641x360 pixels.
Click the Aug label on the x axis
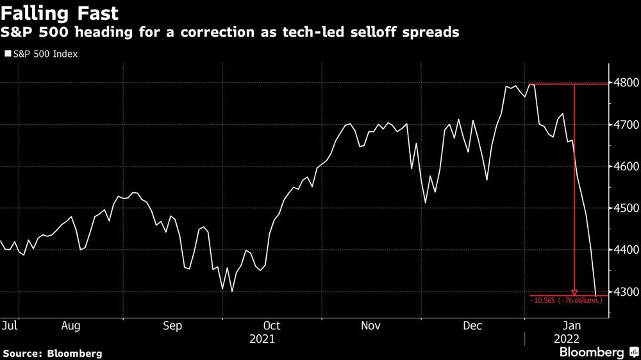(71, 326)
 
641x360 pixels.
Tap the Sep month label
(173, 326)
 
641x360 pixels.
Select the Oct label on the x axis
(271, 326)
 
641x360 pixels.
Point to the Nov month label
(371, 326)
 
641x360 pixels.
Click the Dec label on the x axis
(472, 326)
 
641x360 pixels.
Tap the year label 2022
(566, 338)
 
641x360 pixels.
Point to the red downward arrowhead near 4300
(574, 291)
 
